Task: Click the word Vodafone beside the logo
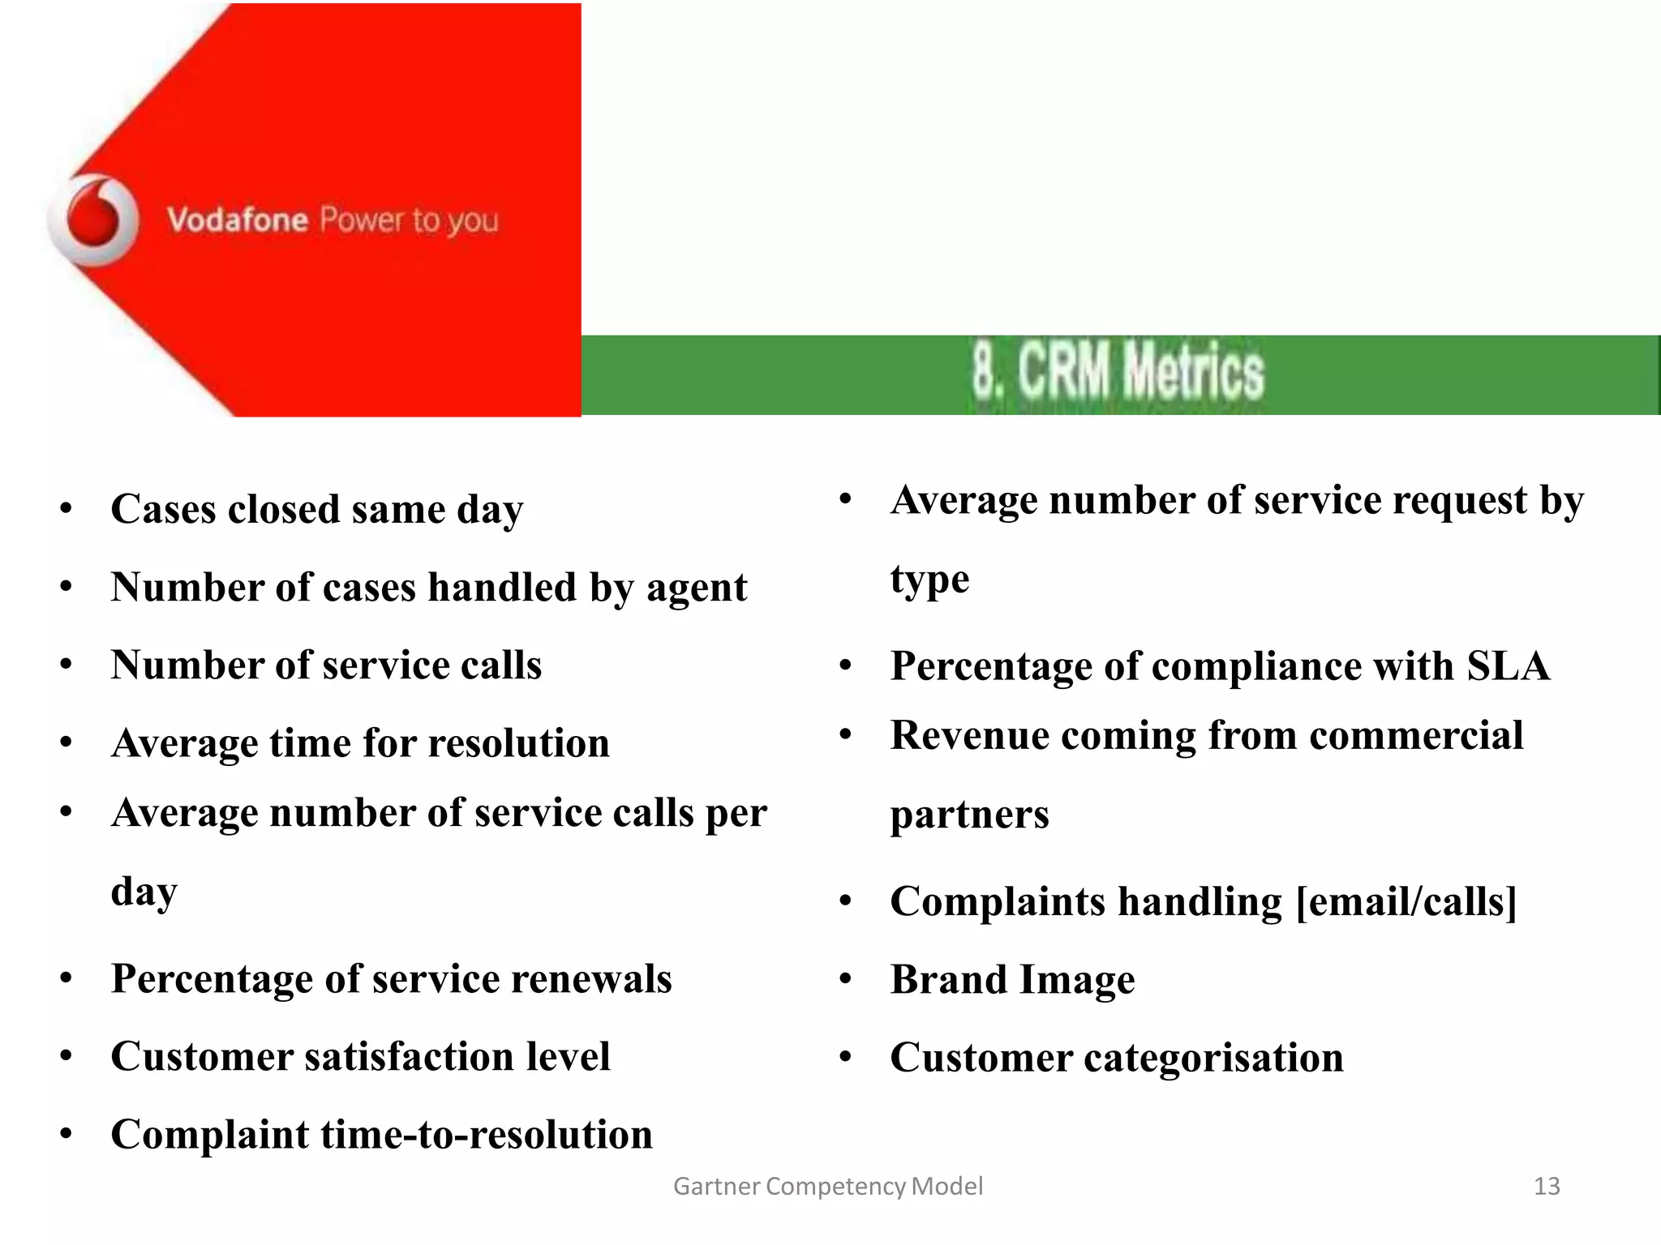click(x=238, y=220)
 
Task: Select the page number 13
click(x=1547, y=1187)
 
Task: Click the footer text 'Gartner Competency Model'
click(x=828, y=1187)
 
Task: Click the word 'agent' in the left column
click(x=697, y=588)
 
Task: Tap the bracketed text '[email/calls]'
click(x=1406, y=901)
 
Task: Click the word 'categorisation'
click(x=1213, y=1058)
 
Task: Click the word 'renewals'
click(x=591, y=979)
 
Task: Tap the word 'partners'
click(x=969, y=815)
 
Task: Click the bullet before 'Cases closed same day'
click(x=67, y=510)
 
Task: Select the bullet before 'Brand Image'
click(x=846, y=980)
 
